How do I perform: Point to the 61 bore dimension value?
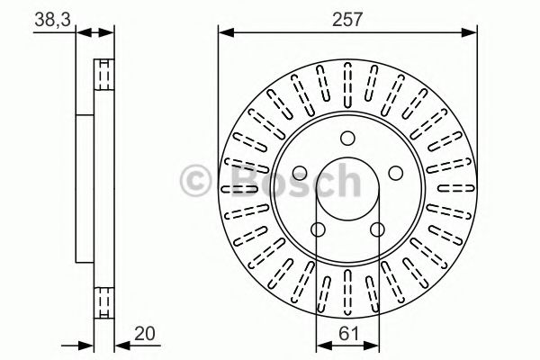(347, 333)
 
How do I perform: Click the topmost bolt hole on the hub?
(347, 138)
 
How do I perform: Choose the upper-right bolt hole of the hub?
(392, 171)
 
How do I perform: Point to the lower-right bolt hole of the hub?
(377, 229)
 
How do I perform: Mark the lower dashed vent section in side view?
(104, 297)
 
